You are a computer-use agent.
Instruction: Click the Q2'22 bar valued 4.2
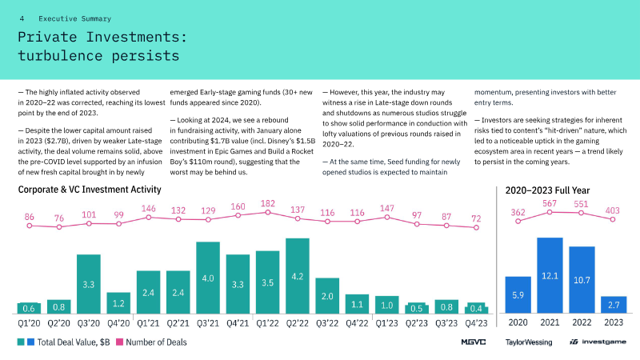coord(298,276)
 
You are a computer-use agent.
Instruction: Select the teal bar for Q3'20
coord(88,284)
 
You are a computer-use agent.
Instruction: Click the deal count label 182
coord(268,204)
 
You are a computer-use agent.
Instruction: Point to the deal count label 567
coord(550,203)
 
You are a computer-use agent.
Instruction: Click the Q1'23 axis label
coord(387,323)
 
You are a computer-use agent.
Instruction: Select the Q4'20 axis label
coord(118,323)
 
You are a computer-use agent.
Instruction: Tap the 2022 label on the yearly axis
coord(582,323)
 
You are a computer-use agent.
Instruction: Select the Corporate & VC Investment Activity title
coord(90,190)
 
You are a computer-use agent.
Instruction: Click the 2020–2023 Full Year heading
coord(548,190)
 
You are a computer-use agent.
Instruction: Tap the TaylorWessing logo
coord(528,342)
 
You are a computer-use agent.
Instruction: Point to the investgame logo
coord(598,342)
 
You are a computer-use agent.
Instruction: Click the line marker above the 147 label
coord(387,217)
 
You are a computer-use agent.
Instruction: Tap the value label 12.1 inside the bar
coord(550,276)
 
